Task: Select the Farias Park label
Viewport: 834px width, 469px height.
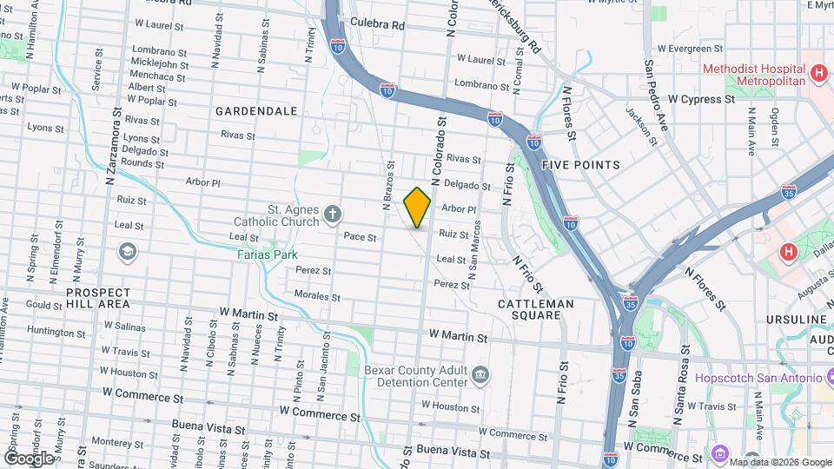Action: (x=267, y=254)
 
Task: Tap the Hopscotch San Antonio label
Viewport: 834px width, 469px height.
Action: (x=758, y=379)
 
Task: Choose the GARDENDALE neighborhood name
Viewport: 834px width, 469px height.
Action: (x=256, y=111)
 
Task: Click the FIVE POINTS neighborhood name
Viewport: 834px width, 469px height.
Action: (x=580, y=165)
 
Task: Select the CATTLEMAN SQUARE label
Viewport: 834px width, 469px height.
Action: (x=536, y=310)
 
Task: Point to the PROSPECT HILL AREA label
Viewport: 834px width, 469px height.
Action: (x=98, y=299)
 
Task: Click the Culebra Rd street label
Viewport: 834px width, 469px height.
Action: (x=378, y=26)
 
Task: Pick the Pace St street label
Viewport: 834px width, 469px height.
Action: (x=360, y=236)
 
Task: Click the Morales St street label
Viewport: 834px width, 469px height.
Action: (x=315, y=296)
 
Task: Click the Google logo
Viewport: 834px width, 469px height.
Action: (x=29, y=458)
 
